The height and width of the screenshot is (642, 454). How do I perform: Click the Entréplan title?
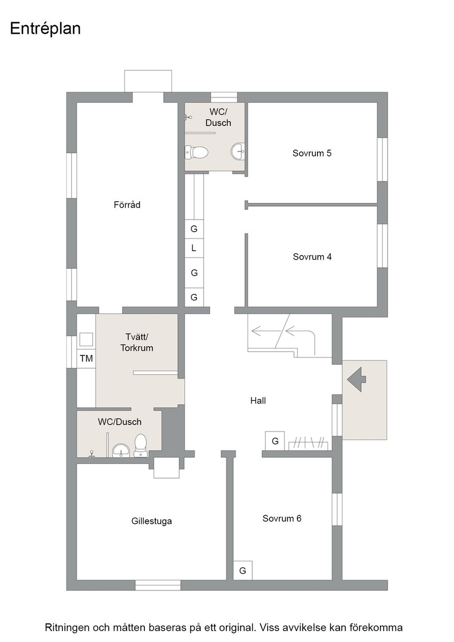coord(45,29)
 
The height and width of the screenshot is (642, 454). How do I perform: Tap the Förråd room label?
coord(127,205)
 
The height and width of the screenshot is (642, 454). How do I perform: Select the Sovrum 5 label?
coord(312,153)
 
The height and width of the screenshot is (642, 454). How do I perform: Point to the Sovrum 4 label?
coord(312,257)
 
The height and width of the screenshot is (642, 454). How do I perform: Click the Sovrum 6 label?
coord(281,518)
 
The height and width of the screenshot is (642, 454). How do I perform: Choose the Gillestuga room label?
coord(151,521)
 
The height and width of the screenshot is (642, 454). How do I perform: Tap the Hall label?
coord(258,401)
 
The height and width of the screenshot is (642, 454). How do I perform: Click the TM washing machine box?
coord(86,359)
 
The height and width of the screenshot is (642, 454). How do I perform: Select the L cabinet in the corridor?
coord(194,248)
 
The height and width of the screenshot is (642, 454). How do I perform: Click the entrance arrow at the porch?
coord(357,379)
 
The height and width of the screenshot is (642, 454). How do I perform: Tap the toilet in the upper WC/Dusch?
coord(197,152)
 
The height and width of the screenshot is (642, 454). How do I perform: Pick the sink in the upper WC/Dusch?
coord(238,151)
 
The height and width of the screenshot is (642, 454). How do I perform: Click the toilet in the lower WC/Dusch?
coord(140,445)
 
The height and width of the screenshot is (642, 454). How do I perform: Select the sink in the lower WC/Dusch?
coord(121,450)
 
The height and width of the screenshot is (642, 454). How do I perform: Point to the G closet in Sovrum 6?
coord(242,570)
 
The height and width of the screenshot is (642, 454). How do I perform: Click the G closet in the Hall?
coord(275,441)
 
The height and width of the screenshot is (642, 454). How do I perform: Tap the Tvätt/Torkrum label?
coord(137,342)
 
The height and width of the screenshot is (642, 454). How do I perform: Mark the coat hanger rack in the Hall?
coord(308,443)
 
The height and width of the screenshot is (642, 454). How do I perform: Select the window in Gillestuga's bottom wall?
coord(158,585)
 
